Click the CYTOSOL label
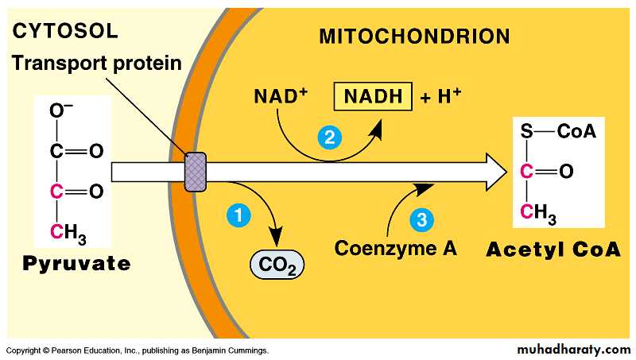pos(65,32)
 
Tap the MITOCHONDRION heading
pos(413,37)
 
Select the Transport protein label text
pos(96,63)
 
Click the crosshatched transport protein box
pos(195,172)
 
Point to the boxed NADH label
pos(374,97)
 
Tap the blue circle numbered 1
pos(237,214)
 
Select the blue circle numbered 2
pos(328,137)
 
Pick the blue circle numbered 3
pos(421,218)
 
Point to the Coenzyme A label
pos(395,248)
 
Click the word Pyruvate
pos(76,263)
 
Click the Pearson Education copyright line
pos(137,350)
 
